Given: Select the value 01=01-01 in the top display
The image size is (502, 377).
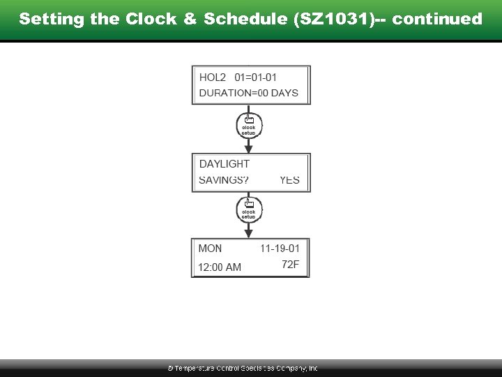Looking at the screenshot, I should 255,77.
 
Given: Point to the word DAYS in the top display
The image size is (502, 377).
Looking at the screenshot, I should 284,93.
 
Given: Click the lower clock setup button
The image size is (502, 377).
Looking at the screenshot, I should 249,212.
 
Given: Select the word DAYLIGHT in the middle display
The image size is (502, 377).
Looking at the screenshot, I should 224,164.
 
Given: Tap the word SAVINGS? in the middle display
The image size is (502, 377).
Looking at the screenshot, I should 224,180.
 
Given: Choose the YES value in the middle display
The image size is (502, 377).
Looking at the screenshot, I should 289,180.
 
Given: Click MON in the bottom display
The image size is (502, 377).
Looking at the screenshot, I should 210,249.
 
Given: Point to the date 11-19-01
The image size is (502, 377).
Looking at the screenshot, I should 280,249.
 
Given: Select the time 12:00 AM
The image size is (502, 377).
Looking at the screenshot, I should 220,267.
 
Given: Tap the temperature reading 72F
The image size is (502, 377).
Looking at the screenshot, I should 290,265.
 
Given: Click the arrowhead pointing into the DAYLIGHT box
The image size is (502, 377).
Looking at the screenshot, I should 249,149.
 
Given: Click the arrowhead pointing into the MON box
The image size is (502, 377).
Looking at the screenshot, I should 249,234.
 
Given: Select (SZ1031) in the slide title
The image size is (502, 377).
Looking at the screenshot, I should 329,19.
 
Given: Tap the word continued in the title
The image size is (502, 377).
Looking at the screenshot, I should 437,19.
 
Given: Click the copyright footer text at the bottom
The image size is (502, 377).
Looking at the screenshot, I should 242,368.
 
